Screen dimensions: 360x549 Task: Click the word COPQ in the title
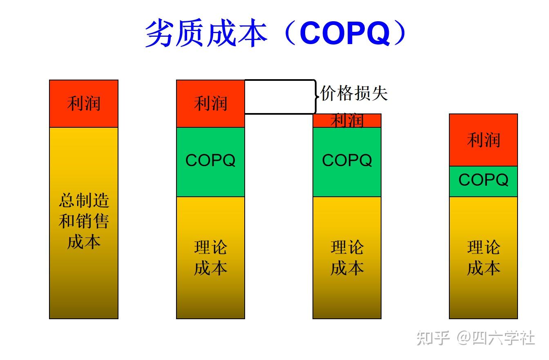(345, 34)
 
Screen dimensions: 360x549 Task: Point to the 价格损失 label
(354, 93)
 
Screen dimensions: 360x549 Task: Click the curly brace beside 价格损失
(316, 96)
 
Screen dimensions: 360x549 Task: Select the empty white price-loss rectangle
(279, 96)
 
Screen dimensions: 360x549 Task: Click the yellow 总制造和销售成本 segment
(84, 222)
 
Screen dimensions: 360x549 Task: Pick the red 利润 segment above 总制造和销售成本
(84, 104)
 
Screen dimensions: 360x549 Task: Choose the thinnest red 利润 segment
(347, 121)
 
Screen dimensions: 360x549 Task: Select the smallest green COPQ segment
(483, 181)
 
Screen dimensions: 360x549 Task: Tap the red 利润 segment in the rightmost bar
(483, 140)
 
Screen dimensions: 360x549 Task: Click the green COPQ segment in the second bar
(210, 162)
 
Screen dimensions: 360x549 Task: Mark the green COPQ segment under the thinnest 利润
(347, 162)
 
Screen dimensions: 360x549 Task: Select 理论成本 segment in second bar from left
(210, 257)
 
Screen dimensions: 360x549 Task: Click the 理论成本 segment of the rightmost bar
(483, 257)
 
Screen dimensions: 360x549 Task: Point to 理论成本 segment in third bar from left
(347, 257)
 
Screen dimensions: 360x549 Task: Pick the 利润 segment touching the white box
(210, 104)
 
